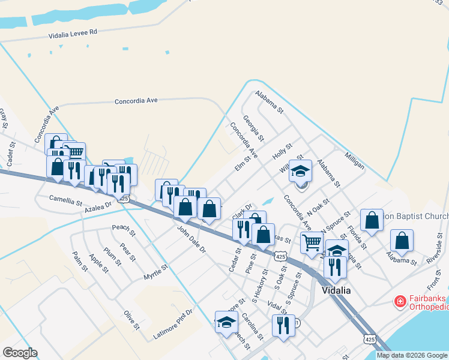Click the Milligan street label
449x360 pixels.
click(x=354, y=161)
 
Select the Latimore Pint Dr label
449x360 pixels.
click(x=173, y=324)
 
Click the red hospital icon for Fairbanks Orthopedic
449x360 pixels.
click(x=400, y=301)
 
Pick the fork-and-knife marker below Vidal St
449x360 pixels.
click(x=282, y=325)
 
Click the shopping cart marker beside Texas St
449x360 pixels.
click(x=312, y=243)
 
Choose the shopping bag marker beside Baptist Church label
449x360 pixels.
click(x=372, y=220)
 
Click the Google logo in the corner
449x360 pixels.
click(x=20, y=353)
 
